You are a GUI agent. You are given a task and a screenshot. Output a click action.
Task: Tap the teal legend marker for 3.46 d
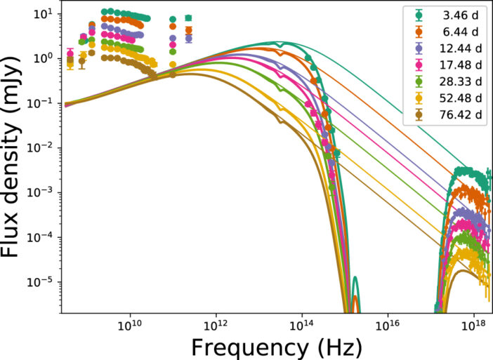(x=419, y=15)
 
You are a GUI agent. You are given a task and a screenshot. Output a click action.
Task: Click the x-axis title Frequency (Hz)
(x=277, y=347)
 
